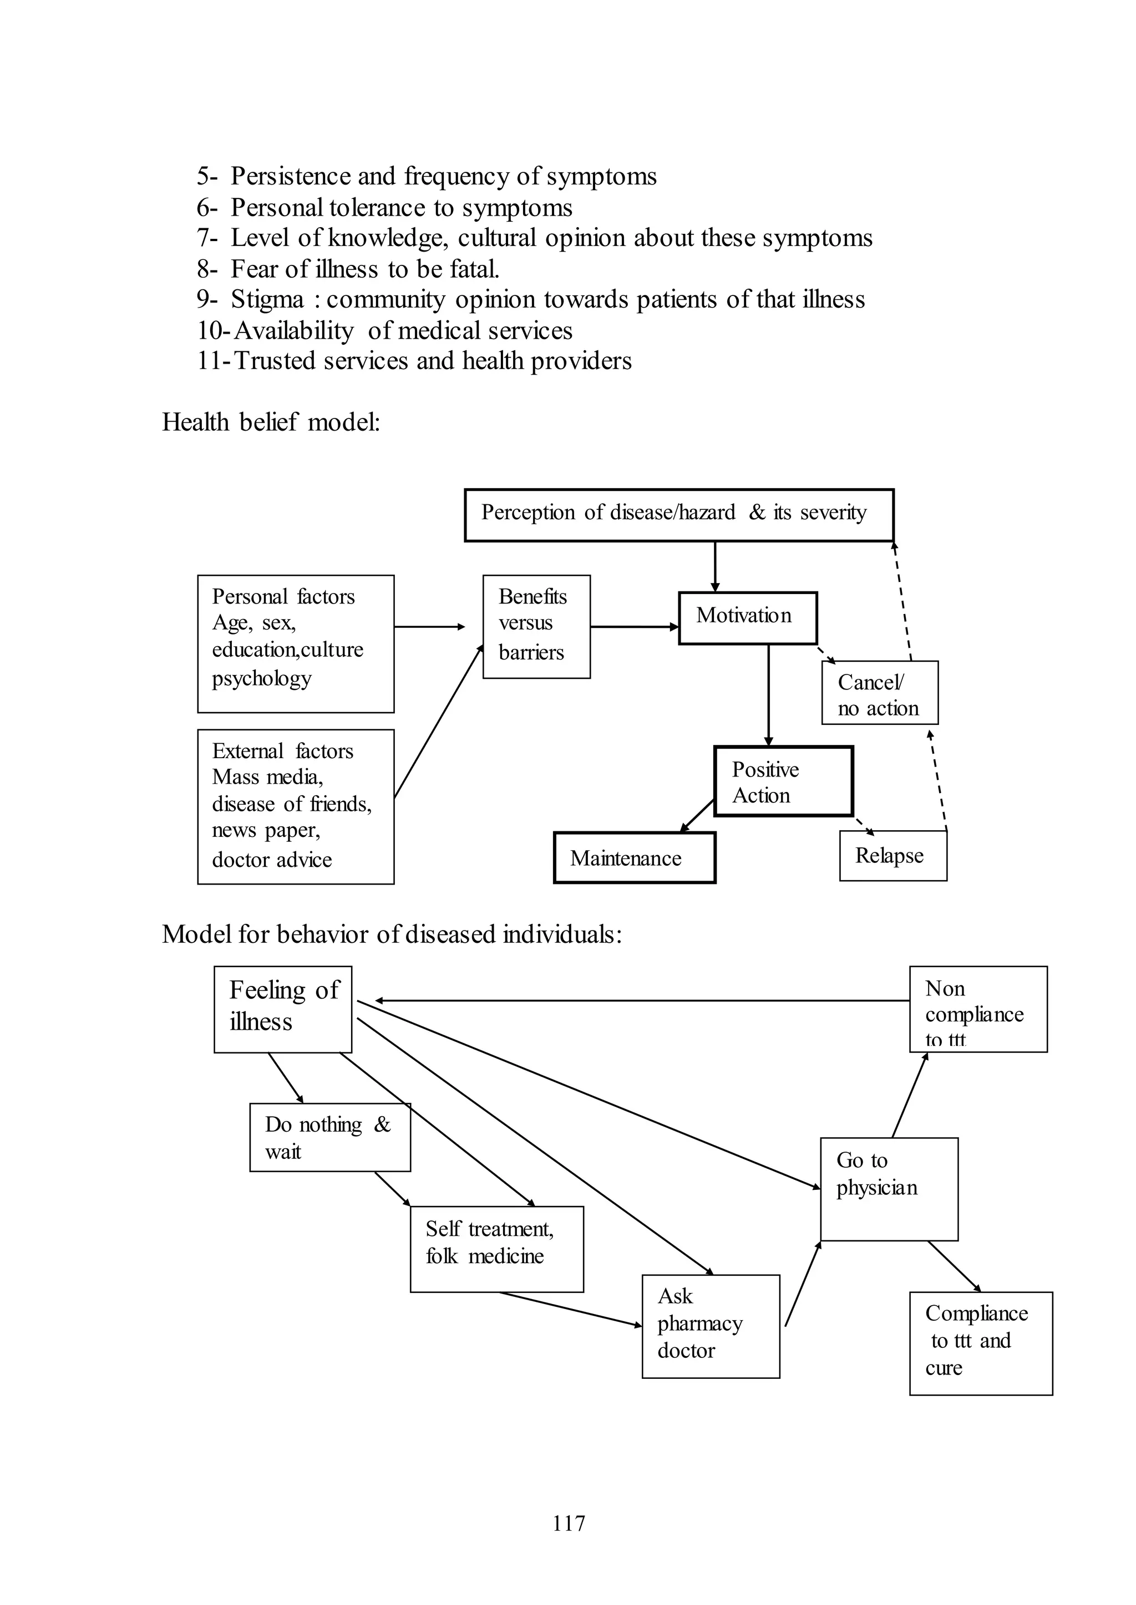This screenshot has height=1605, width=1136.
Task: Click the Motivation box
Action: tap(747, 618)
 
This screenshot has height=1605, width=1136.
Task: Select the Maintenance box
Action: tap(634, 858)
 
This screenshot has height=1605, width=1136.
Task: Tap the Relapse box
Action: tap(892, 856)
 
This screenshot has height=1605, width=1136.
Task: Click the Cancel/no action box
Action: tap(879, 693)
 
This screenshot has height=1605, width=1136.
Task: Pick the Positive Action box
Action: tap(783, 781)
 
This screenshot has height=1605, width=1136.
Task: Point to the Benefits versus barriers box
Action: tap(536, 626)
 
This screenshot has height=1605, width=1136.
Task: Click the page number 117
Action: tap(569, 1523)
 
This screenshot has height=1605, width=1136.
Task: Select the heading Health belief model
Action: tap(271, 422)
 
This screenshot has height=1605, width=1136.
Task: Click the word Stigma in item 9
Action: tap(267, 300)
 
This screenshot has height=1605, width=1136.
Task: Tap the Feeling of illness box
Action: tap(282, 1009)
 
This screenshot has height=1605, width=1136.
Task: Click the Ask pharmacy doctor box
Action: tap(710, 1326)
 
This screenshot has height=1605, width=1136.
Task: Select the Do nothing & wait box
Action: tap(329, 1137)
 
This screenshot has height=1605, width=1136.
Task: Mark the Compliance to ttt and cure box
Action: tap(980, 1343)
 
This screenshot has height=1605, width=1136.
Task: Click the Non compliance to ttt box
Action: tap(977, 1009)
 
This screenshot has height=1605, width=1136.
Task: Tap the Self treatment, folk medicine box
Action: tap(496, 1249)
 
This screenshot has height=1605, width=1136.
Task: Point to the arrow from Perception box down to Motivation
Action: tap(715, 566)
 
